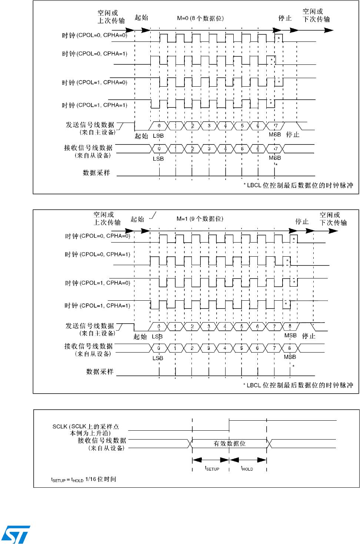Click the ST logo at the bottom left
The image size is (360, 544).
[x=16, y=534]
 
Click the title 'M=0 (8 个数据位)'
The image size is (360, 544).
[x=200, y=18]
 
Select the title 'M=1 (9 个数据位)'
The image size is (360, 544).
[x=200, y=219]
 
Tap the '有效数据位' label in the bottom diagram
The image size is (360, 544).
[x=230, y=443]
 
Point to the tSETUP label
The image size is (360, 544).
[x=212, y=468]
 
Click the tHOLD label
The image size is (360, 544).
[x=247, y=468]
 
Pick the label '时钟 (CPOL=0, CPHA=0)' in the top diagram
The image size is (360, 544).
[x=94, y=36]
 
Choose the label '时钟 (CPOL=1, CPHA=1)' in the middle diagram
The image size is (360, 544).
[x=97, y=306]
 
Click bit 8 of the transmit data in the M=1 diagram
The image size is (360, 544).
[x=290, y=326]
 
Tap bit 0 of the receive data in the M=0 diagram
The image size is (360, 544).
[x=159, y=148]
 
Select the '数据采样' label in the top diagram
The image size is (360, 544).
[x=96, y=173]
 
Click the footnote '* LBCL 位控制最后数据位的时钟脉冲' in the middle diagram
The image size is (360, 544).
[x=298, y=385]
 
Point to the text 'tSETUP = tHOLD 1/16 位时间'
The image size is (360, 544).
[x=83, y=479]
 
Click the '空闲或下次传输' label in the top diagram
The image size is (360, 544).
[x=316, y=16]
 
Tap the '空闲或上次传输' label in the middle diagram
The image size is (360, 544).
[x=107, y=218]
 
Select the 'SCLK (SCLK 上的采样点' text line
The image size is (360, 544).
[x=86, y=427]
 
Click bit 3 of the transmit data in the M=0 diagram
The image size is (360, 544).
[x=209, y=126]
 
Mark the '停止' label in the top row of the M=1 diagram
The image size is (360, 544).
[x=302, y=221]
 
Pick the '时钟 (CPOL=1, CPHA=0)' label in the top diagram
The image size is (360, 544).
[x=94, y=83]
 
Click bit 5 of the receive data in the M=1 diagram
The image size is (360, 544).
[x=241, y=348]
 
